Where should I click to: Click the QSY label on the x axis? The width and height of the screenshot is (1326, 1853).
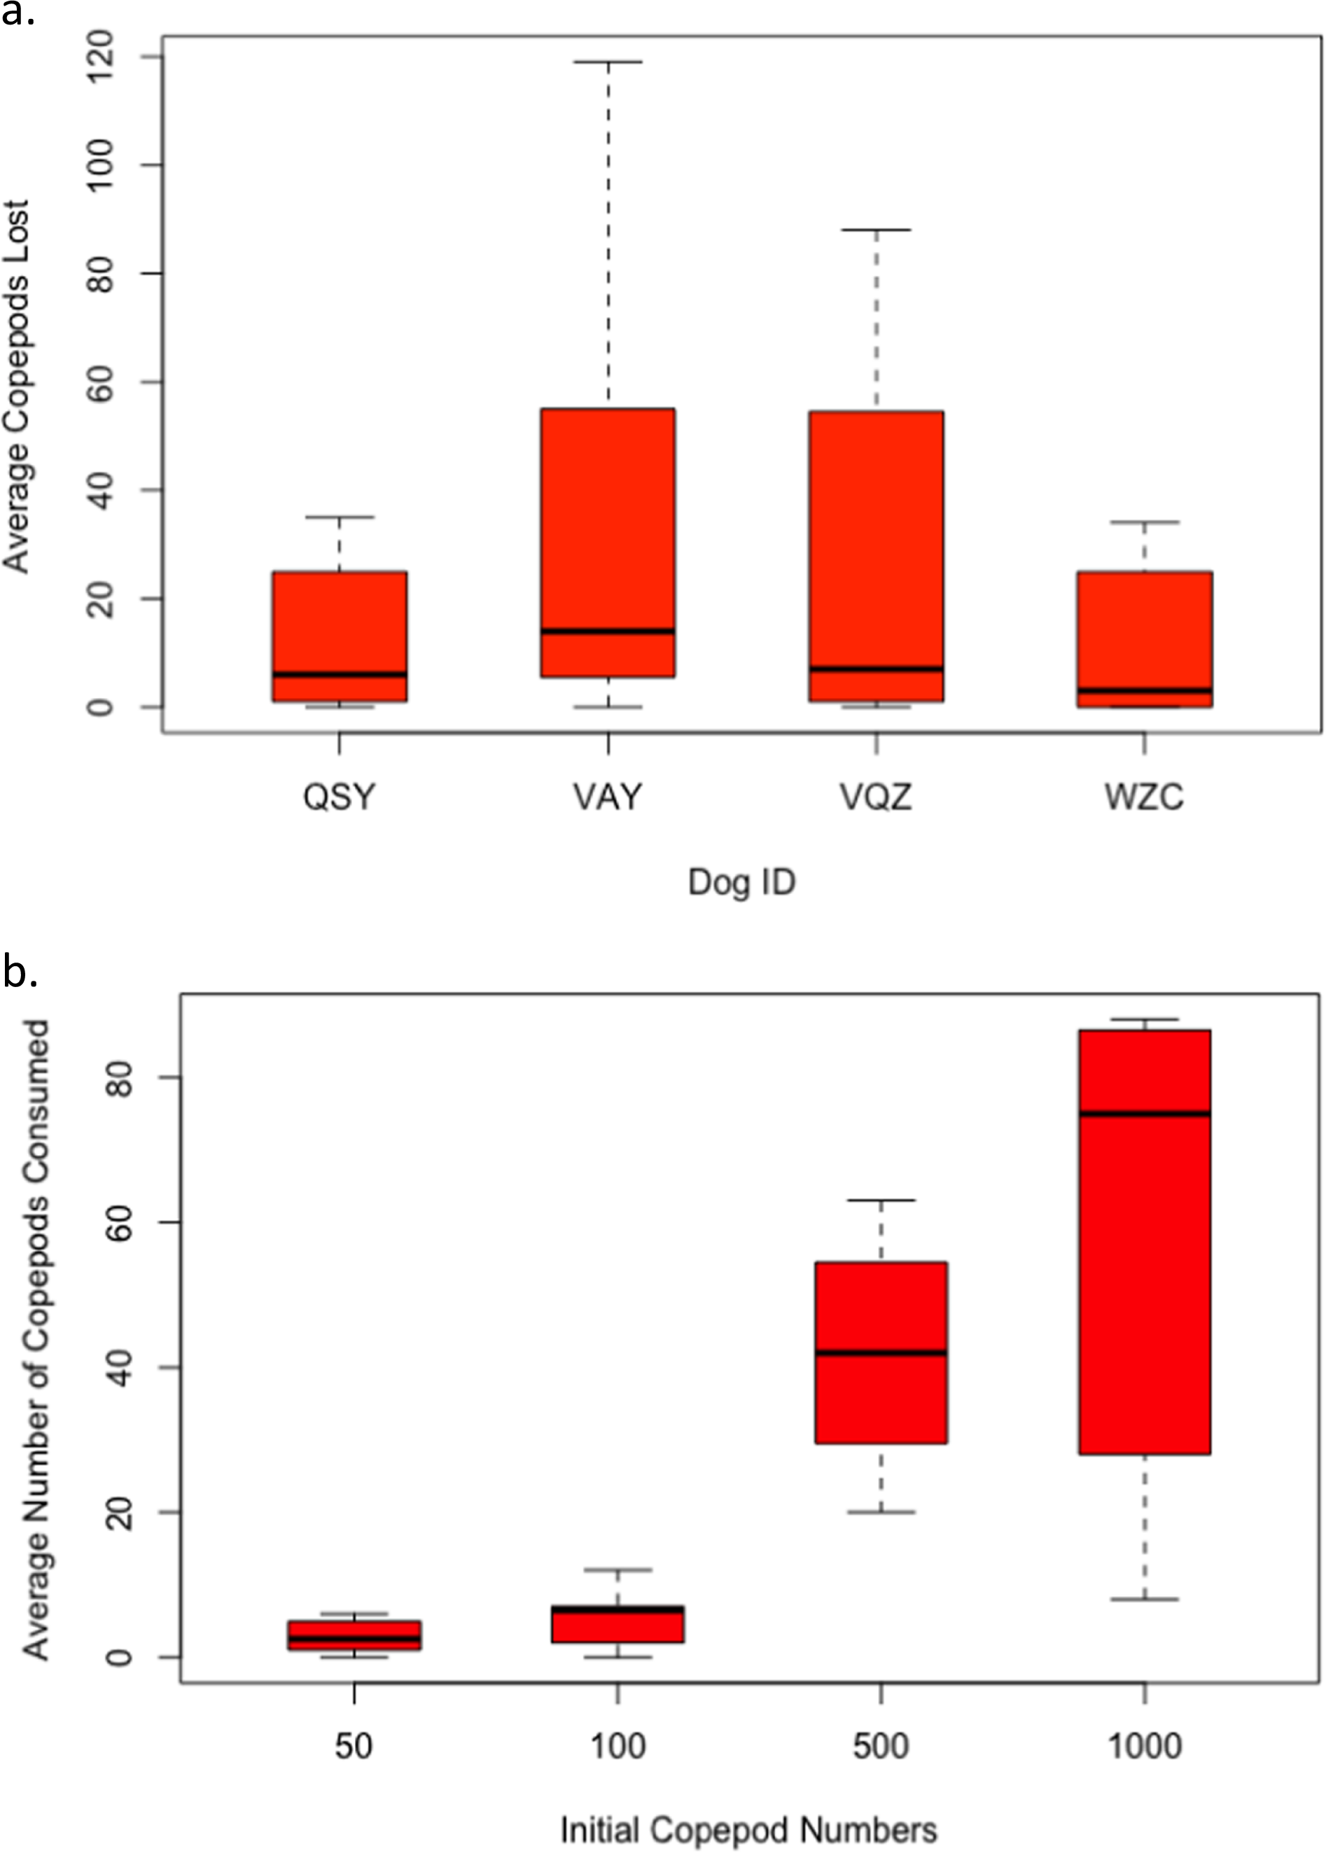339,797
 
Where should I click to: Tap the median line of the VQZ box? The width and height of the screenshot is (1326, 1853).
876,669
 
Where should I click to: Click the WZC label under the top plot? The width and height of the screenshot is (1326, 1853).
1144,797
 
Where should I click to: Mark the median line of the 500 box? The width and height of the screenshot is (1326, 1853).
881,1352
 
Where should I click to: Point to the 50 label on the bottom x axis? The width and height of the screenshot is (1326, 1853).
354,1746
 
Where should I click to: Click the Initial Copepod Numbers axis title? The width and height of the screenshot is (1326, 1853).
748,1830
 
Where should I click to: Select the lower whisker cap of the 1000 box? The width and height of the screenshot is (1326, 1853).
1144,1599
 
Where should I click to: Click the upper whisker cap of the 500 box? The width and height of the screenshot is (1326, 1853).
881,1200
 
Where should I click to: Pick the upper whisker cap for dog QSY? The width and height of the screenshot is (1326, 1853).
339,517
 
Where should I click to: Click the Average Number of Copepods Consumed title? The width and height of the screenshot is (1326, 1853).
36,1338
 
